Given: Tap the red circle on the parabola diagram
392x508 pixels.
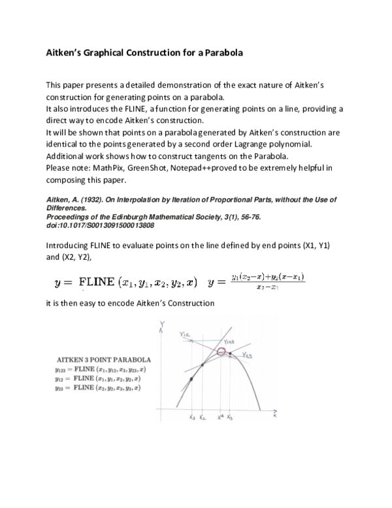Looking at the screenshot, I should (222, 353).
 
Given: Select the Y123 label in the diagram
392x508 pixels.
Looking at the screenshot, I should (229, 341).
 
